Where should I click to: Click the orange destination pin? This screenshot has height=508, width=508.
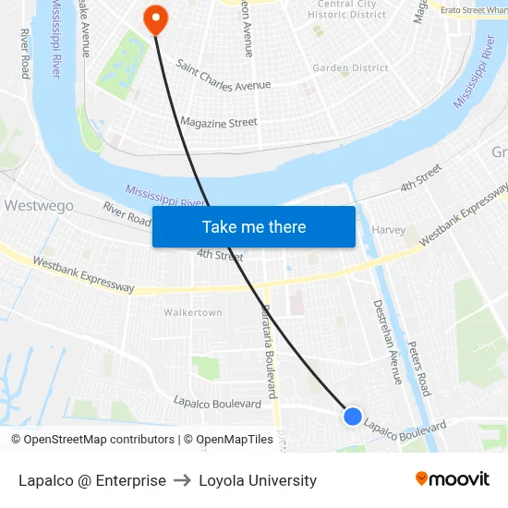pyautogui.click(x=154, y=17)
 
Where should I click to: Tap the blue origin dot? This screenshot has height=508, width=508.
pyautogui.click(x=353, y=417)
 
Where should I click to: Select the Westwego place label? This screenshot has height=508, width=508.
pyautogui.click(x=39, y=206)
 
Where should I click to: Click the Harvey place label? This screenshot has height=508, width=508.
pyautogui.click(x=388, y=230)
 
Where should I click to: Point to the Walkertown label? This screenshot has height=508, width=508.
pyautogui.click(x=193, y=313)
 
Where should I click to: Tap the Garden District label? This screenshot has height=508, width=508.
pyautogui.click(x=350, y=68)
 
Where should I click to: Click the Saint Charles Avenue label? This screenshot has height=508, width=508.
pyautogui.click(x=223, y=77)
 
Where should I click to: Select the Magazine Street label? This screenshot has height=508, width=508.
pyautogui.click(x=218, y=122)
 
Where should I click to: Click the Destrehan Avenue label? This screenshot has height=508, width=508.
pyautogui.click(x=387, y=341)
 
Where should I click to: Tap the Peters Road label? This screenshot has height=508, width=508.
pyautogui.click(x=419, y=366)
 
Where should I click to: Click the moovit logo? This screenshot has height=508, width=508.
pyautogui.click(x=453, y=478)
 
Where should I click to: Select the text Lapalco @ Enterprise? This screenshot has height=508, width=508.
pyautogui.click(x=92, y=480)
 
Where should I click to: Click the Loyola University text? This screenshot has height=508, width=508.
pyautogui.click(x=258, y=480)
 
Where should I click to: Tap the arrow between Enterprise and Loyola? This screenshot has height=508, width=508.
pyautogui.click(x=182, y=480)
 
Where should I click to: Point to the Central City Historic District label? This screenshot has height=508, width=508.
pyautogui.click(x=346, y=9)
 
